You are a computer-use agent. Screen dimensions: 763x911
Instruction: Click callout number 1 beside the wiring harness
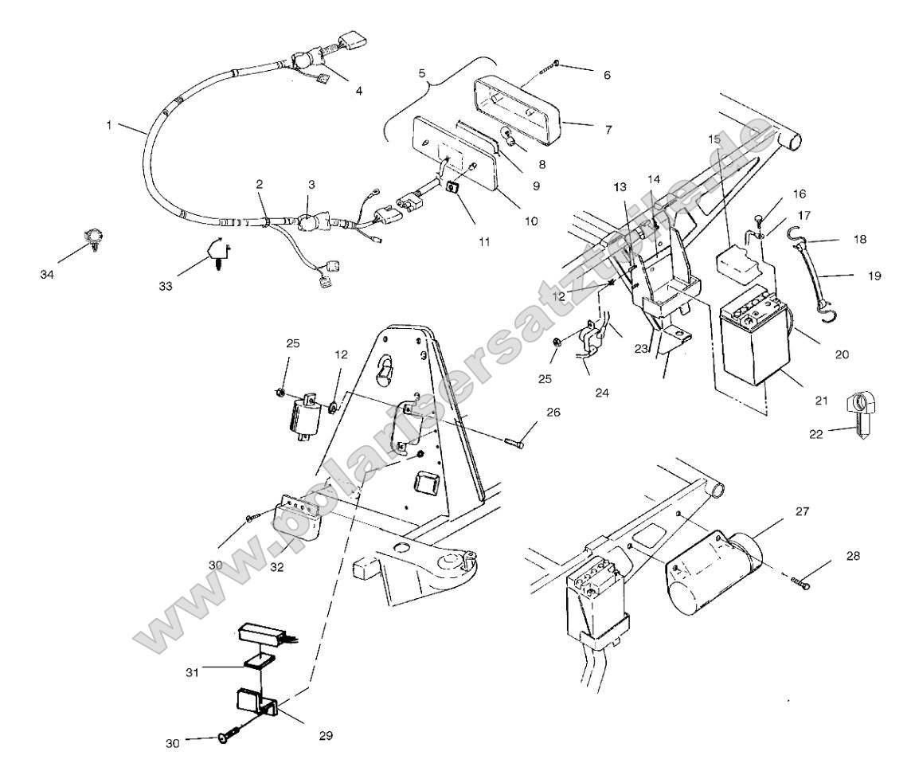[109, 124]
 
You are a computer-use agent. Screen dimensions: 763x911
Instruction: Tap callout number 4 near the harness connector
[359, 91]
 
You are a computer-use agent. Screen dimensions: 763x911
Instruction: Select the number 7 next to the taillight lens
[608, 128]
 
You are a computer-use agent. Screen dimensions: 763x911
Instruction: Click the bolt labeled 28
[802, 585]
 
